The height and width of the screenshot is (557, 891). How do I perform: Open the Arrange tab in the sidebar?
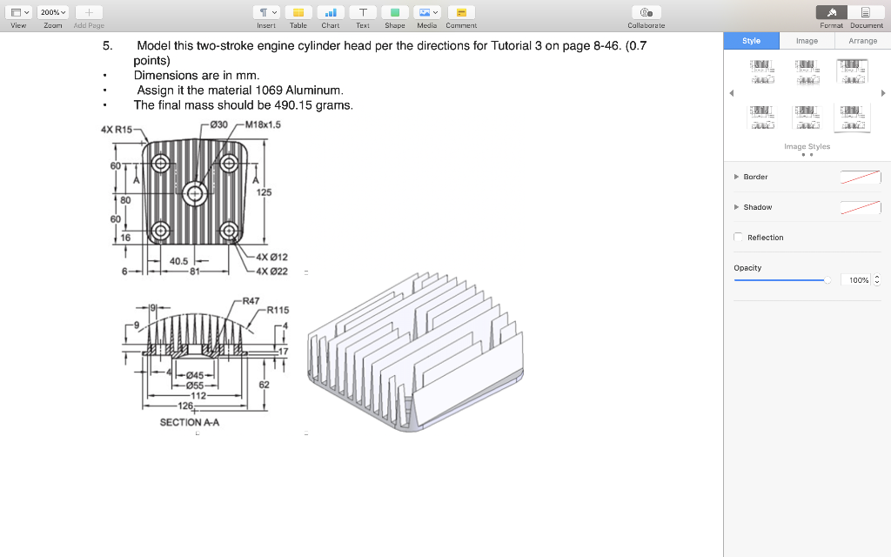coord(862,41)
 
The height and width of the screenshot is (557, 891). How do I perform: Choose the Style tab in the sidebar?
coord(751,41)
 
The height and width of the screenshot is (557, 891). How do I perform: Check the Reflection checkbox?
coord(739,238)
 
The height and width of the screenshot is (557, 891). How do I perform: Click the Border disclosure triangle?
coord(736,177)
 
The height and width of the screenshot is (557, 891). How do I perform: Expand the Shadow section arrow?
coord(736,207)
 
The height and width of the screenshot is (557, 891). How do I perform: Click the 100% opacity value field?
coord(858,280)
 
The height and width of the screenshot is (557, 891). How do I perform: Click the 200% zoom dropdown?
coord(53,12)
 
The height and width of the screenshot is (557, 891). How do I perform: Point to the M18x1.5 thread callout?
coord(263,124)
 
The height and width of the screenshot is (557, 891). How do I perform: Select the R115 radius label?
coord(278,310)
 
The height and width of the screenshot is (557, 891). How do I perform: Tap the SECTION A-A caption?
coord(189,422)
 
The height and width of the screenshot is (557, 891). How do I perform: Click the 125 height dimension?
coord(265,191)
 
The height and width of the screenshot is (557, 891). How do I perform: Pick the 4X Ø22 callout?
coord(271,271)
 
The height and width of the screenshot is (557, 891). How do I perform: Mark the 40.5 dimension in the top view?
coord(180,260)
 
